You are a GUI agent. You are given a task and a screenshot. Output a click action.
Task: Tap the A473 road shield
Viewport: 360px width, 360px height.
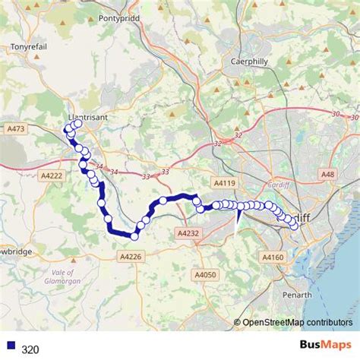coord(15,129)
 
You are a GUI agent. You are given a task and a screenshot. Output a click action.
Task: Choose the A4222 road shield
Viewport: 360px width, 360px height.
coord(52,176)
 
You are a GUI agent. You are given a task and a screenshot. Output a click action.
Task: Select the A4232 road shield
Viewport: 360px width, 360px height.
coord(187,233)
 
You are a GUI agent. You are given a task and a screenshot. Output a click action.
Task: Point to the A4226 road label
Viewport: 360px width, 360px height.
coord(131,257)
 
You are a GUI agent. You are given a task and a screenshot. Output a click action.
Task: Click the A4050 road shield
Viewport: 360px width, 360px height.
coord(205,274)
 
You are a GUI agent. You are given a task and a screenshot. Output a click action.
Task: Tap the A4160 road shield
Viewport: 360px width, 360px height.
coord(273,257)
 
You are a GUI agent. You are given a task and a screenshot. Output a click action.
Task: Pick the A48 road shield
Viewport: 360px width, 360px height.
coord(327,175)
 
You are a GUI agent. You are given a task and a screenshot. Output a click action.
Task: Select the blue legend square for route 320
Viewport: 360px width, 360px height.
coord(11,348)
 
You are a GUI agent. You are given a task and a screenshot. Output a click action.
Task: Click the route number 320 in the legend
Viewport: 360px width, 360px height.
coord(30,349)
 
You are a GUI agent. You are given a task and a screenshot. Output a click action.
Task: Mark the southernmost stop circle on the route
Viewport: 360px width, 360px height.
coord(134,236)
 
